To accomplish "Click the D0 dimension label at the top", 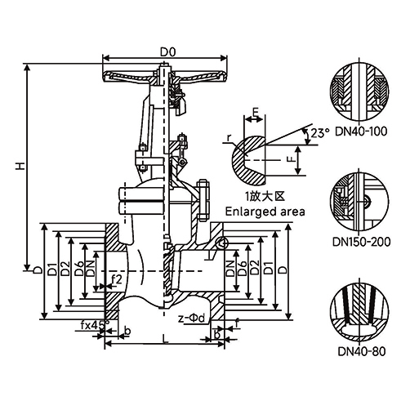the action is point(167,52).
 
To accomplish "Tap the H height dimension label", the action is point(20,166).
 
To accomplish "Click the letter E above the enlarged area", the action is point(255,112).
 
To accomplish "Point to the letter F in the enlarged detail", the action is point(291,159).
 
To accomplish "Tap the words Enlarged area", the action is point(265,212).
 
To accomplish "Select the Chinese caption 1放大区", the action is point(265,196).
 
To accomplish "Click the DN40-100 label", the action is point(360,131).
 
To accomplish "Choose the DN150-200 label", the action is point(361,242).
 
